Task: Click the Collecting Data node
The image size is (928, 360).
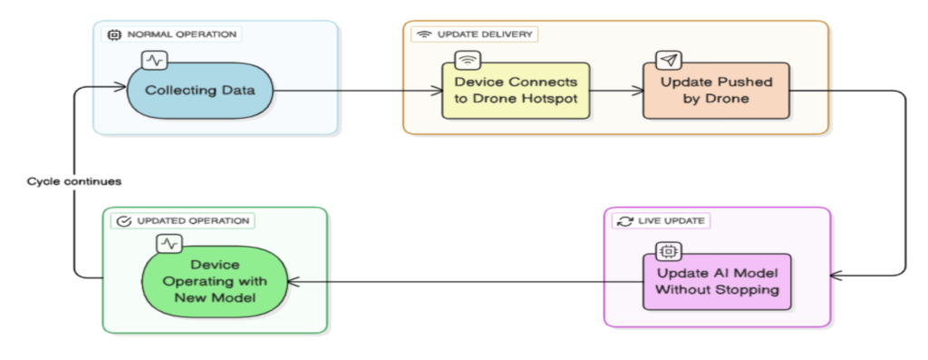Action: click(x=200, y=91)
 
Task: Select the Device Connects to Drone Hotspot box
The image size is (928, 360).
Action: click(x=516, y=91)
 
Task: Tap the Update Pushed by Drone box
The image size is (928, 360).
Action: click(x=716, y=91)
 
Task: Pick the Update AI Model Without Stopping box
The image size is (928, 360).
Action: click(x=717, y=282)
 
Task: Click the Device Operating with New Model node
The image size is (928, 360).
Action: click(x=214, y=282)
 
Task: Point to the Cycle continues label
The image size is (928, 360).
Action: click(x=74, y=181)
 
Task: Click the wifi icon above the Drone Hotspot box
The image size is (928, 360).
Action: click(x=468, y=60)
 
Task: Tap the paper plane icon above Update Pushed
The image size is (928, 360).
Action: click(x=668, y=60)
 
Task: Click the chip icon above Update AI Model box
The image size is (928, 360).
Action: click(x=668, y=252)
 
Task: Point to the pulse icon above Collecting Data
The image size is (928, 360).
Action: click(x=154, y=60)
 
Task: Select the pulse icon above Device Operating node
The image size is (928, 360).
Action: click(x=169, y=243)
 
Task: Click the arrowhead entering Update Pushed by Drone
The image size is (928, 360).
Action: click(x=639, y=91)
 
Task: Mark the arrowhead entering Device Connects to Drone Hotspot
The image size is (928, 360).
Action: click(x=438, y=91)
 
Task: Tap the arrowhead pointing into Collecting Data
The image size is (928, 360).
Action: click(x=121, y=88)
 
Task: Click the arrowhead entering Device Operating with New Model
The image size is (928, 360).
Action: click(x=293, y=282)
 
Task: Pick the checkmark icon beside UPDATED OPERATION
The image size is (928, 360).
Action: click(x=123, y=221)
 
